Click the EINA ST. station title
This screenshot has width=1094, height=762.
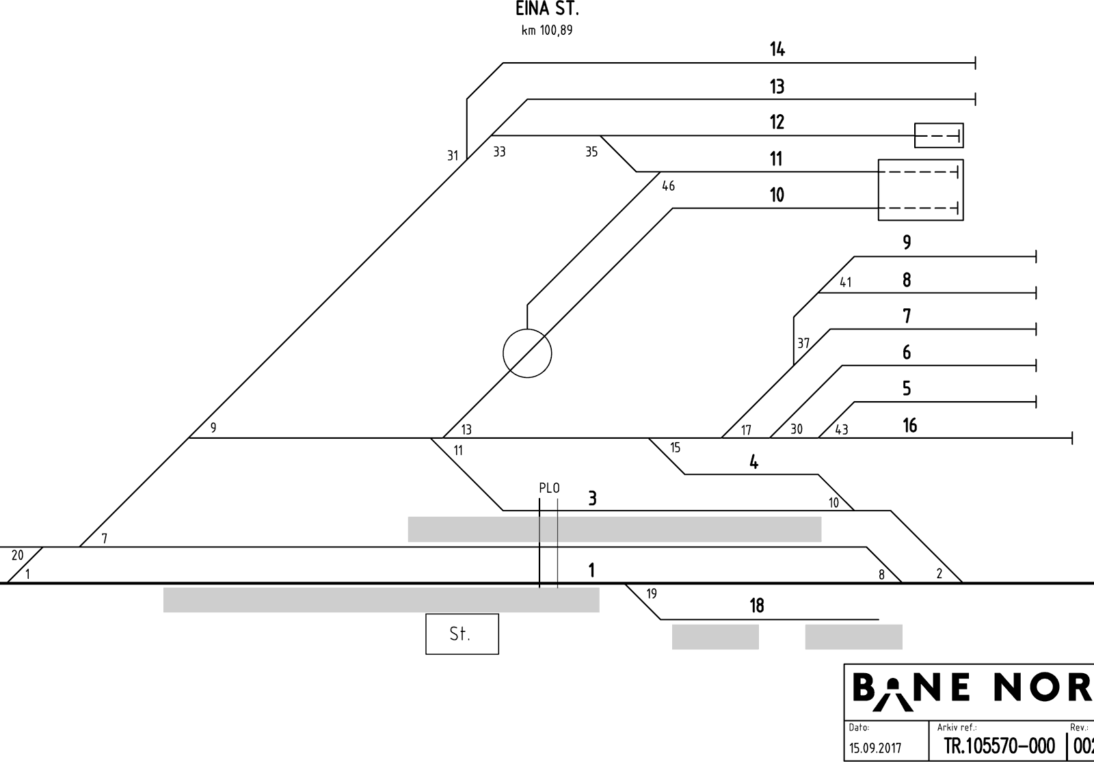(547, 9)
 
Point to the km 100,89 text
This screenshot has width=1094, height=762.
(547, 30)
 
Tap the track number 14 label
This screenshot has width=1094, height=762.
(777, 49)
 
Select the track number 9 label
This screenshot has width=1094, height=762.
(907, 242)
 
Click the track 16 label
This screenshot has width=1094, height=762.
(909, 426)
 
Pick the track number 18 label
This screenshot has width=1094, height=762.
(756, 605)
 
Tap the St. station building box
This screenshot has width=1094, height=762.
(462, 634)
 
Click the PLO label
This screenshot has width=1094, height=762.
(549, 488)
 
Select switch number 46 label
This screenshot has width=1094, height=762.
(668, 185)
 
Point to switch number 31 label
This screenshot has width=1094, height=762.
(453, 156)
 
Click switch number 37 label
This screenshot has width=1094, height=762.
(803, 343)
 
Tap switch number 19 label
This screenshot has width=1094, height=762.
(652, 594)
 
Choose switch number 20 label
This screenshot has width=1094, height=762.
(17, 555)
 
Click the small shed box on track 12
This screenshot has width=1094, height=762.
(939, 135)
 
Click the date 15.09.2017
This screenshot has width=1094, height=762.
(875, 748)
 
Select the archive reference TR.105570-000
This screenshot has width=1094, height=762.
(999, 746)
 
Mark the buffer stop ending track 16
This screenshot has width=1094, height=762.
(1072, 438)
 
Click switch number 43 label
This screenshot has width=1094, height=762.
(842, 430)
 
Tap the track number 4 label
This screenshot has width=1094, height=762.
(753, 462)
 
